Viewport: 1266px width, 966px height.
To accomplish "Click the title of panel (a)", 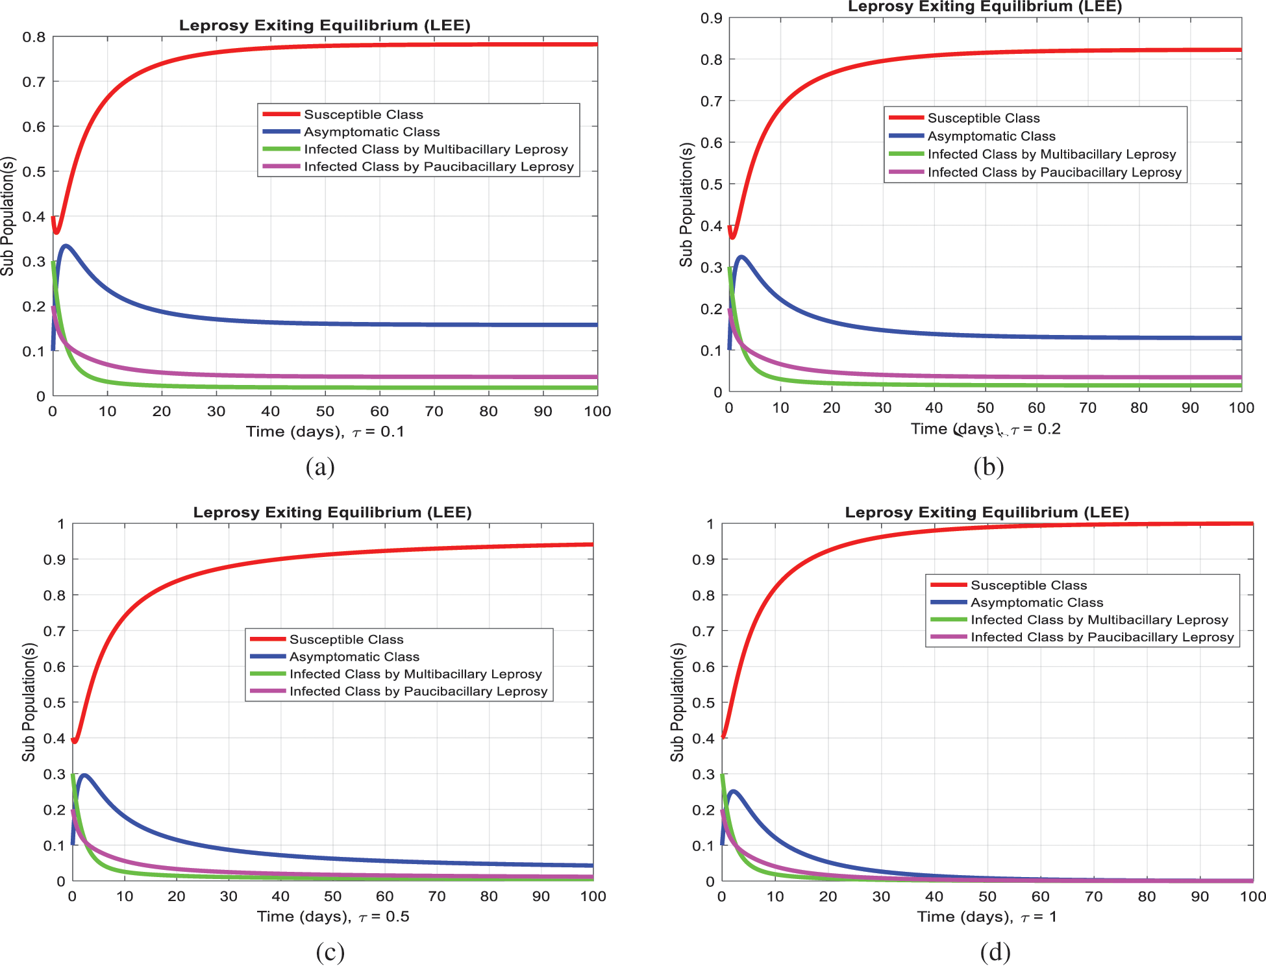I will point(325,25).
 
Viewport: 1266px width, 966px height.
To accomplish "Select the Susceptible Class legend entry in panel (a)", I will point(363,115).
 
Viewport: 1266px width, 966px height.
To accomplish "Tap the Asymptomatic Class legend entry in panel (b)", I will point(991,136).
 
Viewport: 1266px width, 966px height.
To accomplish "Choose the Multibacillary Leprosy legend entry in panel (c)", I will point(415,674).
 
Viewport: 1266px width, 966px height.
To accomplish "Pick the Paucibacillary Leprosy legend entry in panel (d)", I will point(1102,638).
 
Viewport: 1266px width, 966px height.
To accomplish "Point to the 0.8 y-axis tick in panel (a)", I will point(34,37).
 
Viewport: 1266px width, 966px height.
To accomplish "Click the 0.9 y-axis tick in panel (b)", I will point(711,18).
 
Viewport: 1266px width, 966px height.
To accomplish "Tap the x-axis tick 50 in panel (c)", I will point(332,897).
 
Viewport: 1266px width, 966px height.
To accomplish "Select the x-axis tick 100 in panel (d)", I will point(1252,897).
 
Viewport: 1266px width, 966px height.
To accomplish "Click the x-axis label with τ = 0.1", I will point(325,432).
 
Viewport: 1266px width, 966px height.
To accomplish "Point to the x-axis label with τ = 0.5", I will point(333,917).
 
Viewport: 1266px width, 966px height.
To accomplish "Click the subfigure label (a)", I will point(320,467).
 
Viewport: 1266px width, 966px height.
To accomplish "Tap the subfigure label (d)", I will point(995,952).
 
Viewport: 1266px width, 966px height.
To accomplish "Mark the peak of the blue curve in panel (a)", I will point(66,246).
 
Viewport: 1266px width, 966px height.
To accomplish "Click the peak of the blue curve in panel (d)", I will point(733,791).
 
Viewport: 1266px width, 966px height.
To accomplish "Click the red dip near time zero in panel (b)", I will point(732,237).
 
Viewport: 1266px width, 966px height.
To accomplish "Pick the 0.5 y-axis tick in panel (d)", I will point(702,702).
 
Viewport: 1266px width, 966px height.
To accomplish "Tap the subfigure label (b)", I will point(988,467).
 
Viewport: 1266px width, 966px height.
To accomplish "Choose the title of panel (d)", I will point(987,512).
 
